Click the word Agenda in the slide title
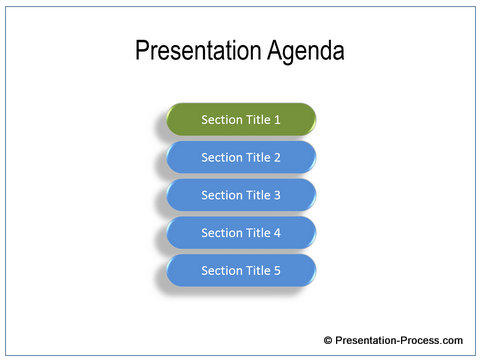[x=305, y=53]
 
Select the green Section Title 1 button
[x=241, y=119]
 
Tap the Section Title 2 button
[x=241, y=157]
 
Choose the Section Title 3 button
[x=241, y=195]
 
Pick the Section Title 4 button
[x=241, y=233]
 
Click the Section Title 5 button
[x=241, y=270]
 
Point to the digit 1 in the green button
[x=277, y=120]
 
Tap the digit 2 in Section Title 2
[x=277, y=157]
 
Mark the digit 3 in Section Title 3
[x=277, y=195]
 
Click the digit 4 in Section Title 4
[x=277, y=233]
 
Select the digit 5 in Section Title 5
[x=277, y=271]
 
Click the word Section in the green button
[x=221, y=120]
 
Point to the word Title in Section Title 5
[x=257, y=271]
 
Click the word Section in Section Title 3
[x=221, y=195]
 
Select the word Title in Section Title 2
[x=257, y=157]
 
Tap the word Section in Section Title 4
[x=221, y=233]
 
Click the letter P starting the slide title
[x=142, y=52]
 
